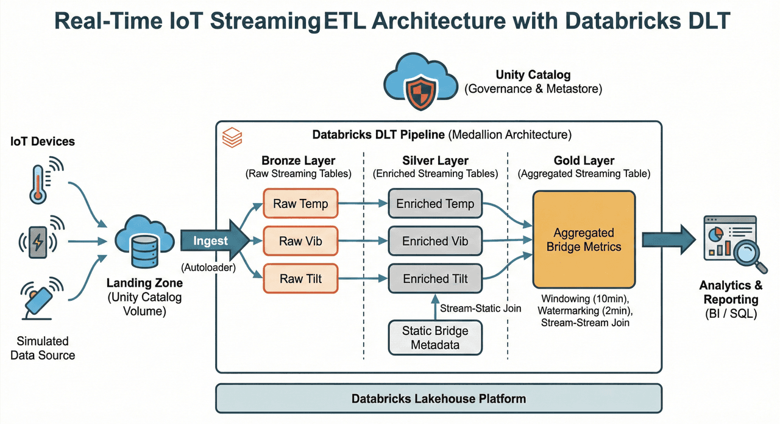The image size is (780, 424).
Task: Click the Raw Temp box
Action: point(300,204)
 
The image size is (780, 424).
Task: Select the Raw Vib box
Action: point(300,242)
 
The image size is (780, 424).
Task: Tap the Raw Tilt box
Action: point(300,279)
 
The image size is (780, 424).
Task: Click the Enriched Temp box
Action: point(435,204)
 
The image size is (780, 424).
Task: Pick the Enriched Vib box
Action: point(435,242)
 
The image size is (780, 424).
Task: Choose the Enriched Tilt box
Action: point(435,279)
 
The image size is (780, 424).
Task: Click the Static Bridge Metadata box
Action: point(435,337)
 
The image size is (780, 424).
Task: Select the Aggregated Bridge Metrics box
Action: point(584,240)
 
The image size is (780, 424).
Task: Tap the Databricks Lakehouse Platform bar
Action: point(439,399)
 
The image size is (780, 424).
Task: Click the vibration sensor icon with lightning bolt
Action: point(38,242)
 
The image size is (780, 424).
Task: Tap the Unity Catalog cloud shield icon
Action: point(420,82)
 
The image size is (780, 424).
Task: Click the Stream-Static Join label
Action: point(481,308)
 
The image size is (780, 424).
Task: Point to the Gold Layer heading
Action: point(584,160)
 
